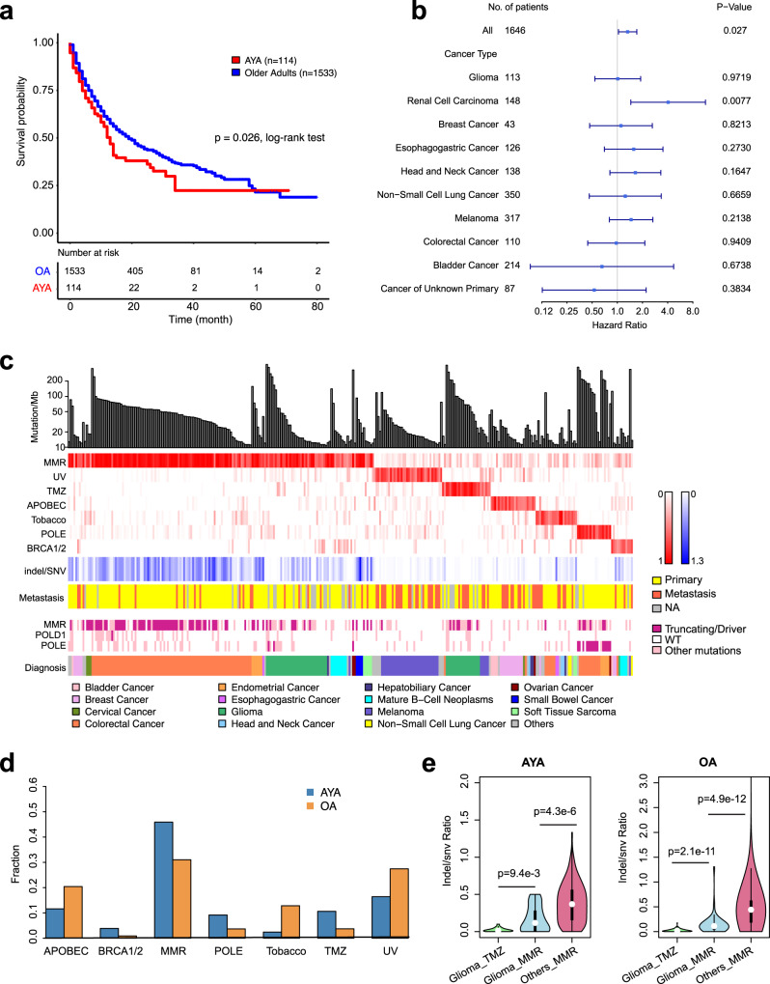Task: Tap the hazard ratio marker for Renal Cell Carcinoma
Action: tap(668, 100)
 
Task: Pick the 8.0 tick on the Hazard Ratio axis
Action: tap(693, 312)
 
